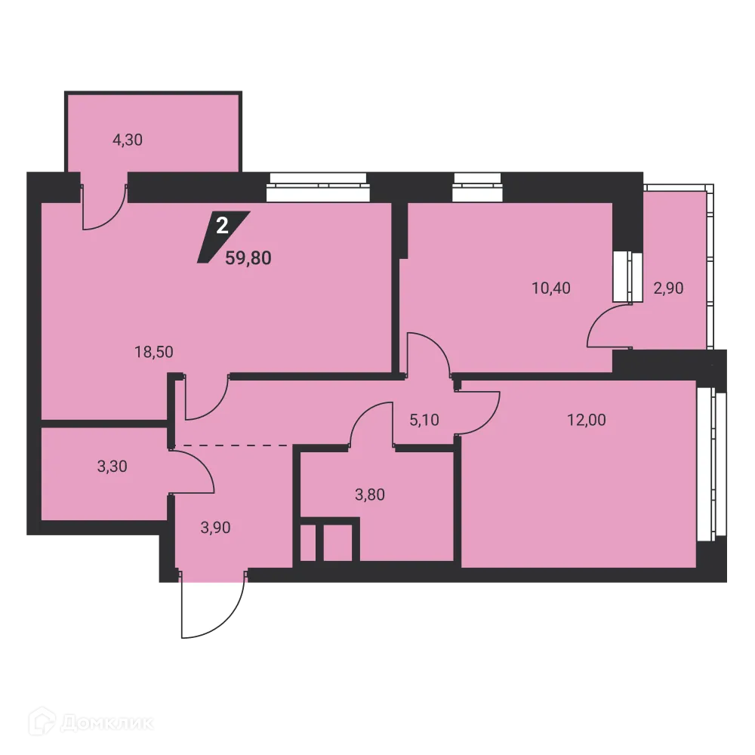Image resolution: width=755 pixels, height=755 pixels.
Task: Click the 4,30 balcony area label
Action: [128, 140]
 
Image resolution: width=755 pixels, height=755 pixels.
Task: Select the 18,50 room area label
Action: [149, 351]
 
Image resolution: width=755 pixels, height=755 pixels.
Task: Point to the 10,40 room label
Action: [551, 288]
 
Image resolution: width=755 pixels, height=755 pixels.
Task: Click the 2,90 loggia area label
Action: [668, 288]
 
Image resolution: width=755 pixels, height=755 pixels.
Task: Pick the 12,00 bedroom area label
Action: [587, 421]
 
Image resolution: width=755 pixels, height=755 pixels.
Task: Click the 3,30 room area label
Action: [112, 466]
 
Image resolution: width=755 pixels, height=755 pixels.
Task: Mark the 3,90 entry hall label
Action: [215, 528]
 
